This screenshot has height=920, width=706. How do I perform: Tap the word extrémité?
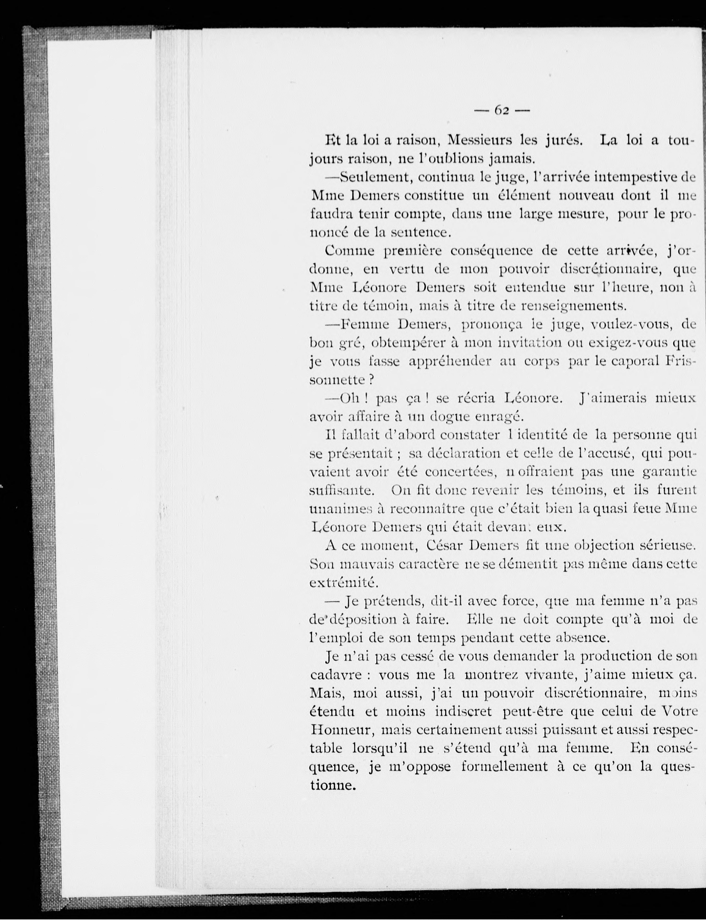pyautogui.click(x=343, y=583)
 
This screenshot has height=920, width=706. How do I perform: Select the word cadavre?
pyautogui.click(x=336, y=675)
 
